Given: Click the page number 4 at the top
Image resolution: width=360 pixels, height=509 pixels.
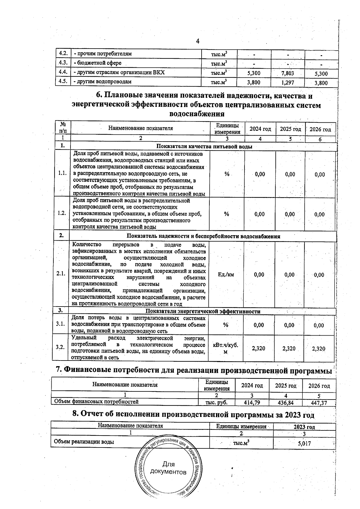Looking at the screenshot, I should click(198, 41).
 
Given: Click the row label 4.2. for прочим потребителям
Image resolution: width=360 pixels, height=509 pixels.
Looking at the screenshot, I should click(63, 54).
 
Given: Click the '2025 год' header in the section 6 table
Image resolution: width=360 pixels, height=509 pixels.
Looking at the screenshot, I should click(290, 129).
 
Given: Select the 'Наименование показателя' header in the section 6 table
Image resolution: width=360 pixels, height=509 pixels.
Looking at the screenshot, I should click(140, 128).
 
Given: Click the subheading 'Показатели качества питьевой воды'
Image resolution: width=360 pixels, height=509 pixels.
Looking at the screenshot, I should click(204, 147).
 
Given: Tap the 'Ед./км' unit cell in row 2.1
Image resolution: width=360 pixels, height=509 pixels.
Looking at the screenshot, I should click(226, 274).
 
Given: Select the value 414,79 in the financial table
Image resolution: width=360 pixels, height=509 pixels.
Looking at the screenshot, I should click(252, 403).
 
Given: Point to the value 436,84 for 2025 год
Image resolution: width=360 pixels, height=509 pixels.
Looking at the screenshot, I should click(285, 403).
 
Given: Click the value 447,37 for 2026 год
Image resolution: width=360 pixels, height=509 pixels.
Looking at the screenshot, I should click(319, 403).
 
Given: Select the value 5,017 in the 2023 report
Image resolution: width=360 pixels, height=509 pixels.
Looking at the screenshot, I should click(304, 443).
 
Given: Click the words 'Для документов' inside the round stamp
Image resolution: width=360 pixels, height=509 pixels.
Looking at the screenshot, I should click(168, 476).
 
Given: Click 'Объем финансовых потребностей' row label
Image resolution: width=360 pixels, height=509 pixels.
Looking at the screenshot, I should click(96, 402).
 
